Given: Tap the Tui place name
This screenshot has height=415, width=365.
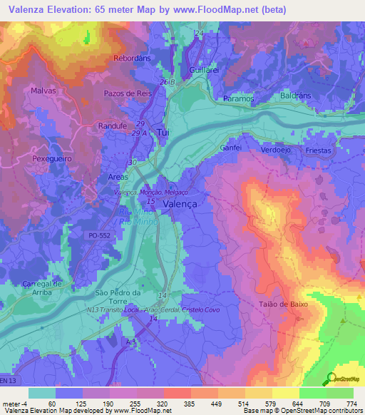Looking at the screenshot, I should point(163,133).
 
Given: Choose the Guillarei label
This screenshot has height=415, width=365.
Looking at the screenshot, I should point(205,71).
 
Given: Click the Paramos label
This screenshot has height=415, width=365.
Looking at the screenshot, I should point(238,98).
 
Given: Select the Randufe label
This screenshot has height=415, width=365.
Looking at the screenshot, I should point(112,125).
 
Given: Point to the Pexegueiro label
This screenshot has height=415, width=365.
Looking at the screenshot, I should point(51,159).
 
